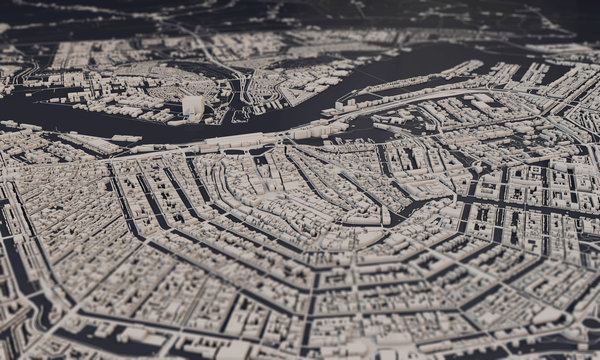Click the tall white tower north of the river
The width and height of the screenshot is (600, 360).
click(191, 106)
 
